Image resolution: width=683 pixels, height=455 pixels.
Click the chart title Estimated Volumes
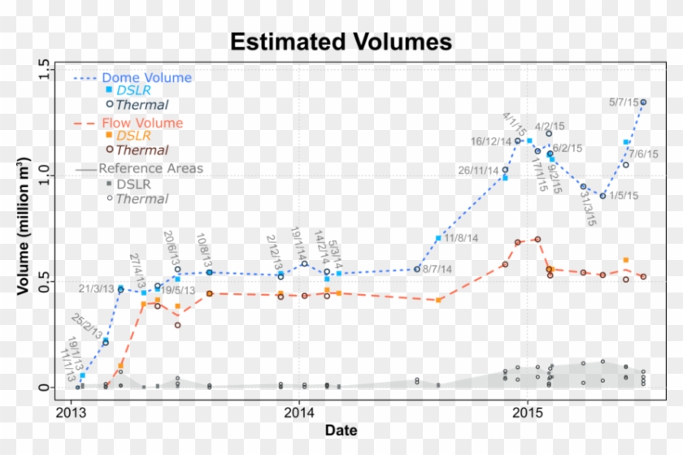click(341, 41)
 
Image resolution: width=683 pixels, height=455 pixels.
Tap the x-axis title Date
click(340, 429)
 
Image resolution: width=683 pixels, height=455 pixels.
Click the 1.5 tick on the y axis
click(44, 71)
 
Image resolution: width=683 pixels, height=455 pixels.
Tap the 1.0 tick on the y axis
click(44, 175)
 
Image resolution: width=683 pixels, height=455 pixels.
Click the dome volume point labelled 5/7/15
click(643, 102)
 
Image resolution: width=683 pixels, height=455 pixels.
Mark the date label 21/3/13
click(97, 288)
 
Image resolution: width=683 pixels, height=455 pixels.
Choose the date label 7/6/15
click(643, 154)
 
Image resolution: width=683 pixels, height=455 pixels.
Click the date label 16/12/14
click(491, 141)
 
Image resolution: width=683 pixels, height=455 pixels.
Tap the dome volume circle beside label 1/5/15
click(603, 196)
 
